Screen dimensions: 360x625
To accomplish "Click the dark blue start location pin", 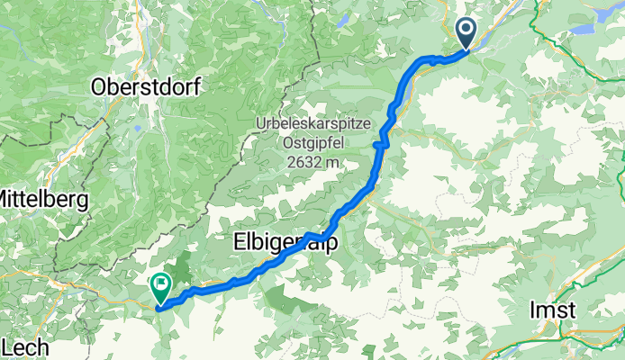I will point(467,33).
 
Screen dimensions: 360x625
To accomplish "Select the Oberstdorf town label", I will point(148,87).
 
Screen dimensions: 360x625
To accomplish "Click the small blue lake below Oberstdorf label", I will point(136,129).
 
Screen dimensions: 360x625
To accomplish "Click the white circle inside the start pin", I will point(467,29).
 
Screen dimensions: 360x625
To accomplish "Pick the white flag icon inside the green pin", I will point(161,284).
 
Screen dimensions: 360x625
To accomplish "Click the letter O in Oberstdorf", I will point(99,87).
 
